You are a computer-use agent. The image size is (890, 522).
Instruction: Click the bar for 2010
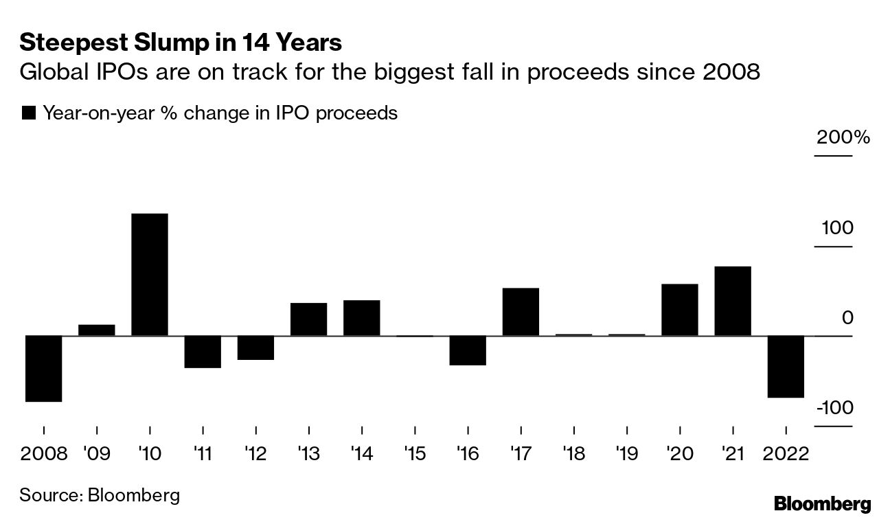[150, 275]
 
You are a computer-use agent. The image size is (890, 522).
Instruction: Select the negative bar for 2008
[44, 368]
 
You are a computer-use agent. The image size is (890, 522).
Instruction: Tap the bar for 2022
[786, 366]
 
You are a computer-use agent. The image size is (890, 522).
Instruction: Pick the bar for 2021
[733, 301]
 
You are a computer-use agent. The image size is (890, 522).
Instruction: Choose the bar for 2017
[521, 312]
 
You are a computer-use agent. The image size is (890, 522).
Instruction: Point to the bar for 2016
[468, 350]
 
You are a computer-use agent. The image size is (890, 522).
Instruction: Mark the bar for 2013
[308, 319]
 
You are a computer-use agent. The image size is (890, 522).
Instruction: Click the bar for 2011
[203, 352]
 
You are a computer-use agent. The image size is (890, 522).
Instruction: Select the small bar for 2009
[97, 330]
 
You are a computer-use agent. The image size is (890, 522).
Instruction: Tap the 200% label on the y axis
[843, 137]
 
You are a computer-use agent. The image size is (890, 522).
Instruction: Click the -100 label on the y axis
[834, 408]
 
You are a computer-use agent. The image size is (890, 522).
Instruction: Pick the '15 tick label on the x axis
[414, 454]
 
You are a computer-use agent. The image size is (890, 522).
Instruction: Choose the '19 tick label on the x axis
[626, 454]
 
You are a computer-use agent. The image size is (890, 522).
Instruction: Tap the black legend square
[29, 113]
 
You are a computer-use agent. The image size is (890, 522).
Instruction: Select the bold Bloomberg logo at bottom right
[822, 503]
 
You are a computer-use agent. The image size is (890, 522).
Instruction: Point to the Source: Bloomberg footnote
[100, 495]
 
